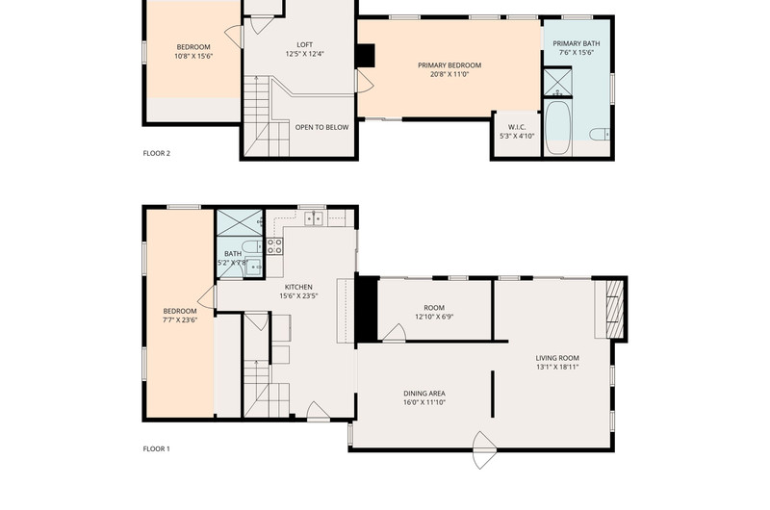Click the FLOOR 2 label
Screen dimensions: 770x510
coord(156,153)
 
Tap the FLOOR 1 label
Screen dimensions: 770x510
coord(156,448)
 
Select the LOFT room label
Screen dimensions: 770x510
coord(304,44)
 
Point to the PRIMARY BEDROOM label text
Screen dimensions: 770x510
coord(449,65)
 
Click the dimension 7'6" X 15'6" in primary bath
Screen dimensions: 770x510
coord(577,53)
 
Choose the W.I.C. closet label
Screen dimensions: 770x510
coord(517,127)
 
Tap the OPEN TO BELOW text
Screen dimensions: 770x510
coord(321,127)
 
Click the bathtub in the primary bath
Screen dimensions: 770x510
coord(558,128)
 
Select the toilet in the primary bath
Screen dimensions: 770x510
coord(600,134)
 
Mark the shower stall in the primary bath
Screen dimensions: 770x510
coord(558,83)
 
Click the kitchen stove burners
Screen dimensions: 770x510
coord(274,246)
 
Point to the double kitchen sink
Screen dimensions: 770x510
coord(314,217)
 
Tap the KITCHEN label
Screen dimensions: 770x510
coord(298,287)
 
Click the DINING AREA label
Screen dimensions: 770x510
coord(424,394)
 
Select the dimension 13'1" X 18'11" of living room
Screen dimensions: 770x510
coord(557,367)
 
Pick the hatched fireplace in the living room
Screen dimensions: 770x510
coord(615,309)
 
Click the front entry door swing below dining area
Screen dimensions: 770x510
coord(484,450)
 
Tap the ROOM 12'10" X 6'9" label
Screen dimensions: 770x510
coord(434,312)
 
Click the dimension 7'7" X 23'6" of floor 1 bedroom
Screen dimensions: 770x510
coord(180,320)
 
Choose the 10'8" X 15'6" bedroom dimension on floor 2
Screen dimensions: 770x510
coord(193,56)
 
